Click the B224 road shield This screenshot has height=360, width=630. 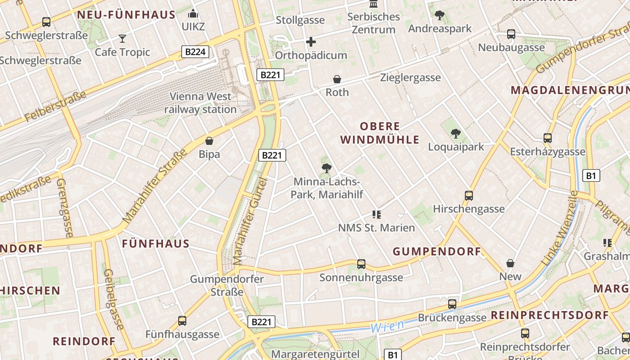(x=195, y=52)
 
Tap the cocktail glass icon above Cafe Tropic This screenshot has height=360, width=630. (x=122, y=39)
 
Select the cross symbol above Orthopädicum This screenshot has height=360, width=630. (x=310, y=42)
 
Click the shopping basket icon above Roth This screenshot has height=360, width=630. (x=337, y=80)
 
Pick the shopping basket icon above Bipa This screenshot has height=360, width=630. (x=209, y=141)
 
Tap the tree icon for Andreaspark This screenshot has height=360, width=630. (x=439, y=15)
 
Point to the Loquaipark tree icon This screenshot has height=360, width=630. (x=456, y=134)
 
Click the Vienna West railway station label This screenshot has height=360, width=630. (x=200, y=103)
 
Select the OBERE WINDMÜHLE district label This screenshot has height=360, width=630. (x=380, y=133)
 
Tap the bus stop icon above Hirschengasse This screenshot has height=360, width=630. (x=469, y=196)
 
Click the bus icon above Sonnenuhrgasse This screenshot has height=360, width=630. (x=361, y=264)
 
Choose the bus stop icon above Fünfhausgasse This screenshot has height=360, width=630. (x=182, y=321)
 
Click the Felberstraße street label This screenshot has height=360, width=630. (x=55, y=107)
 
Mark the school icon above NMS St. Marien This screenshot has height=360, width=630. (x=377, y=215)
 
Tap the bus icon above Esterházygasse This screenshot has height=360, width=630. (x=548, y=138)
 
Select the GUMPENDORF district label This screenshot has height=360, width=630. (x=437, y=252)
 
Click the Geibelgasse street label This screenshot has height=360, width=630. (x=113, y=299)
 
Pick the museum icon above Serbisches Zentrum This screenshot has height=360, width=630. (x=373, y=4)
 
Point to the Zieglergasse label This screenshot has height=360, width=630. (x=410, y=77)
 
